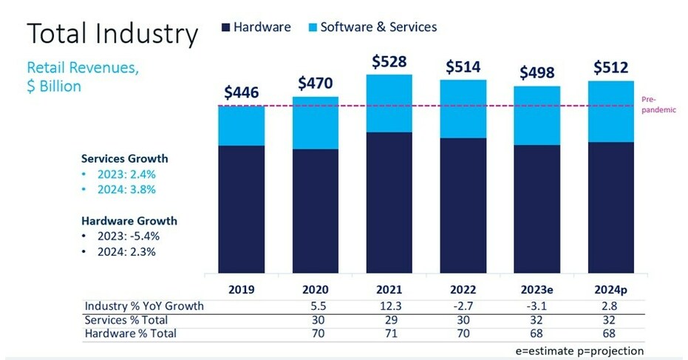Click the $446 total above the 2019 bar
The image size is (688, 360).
tap(242, 93)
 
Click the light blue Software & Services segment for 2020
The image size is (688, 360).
tap(316, 123)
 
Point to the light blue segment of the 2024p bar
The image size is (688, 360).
tap(611, 111)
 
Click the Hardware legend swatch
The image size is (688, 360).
tap(225, 27)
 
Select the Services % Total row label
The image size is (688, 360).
tap(126, 320)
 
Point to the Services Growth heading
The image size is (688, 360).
tap(125, 158)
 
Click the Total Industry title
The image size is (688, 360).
tap(112, 34)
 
